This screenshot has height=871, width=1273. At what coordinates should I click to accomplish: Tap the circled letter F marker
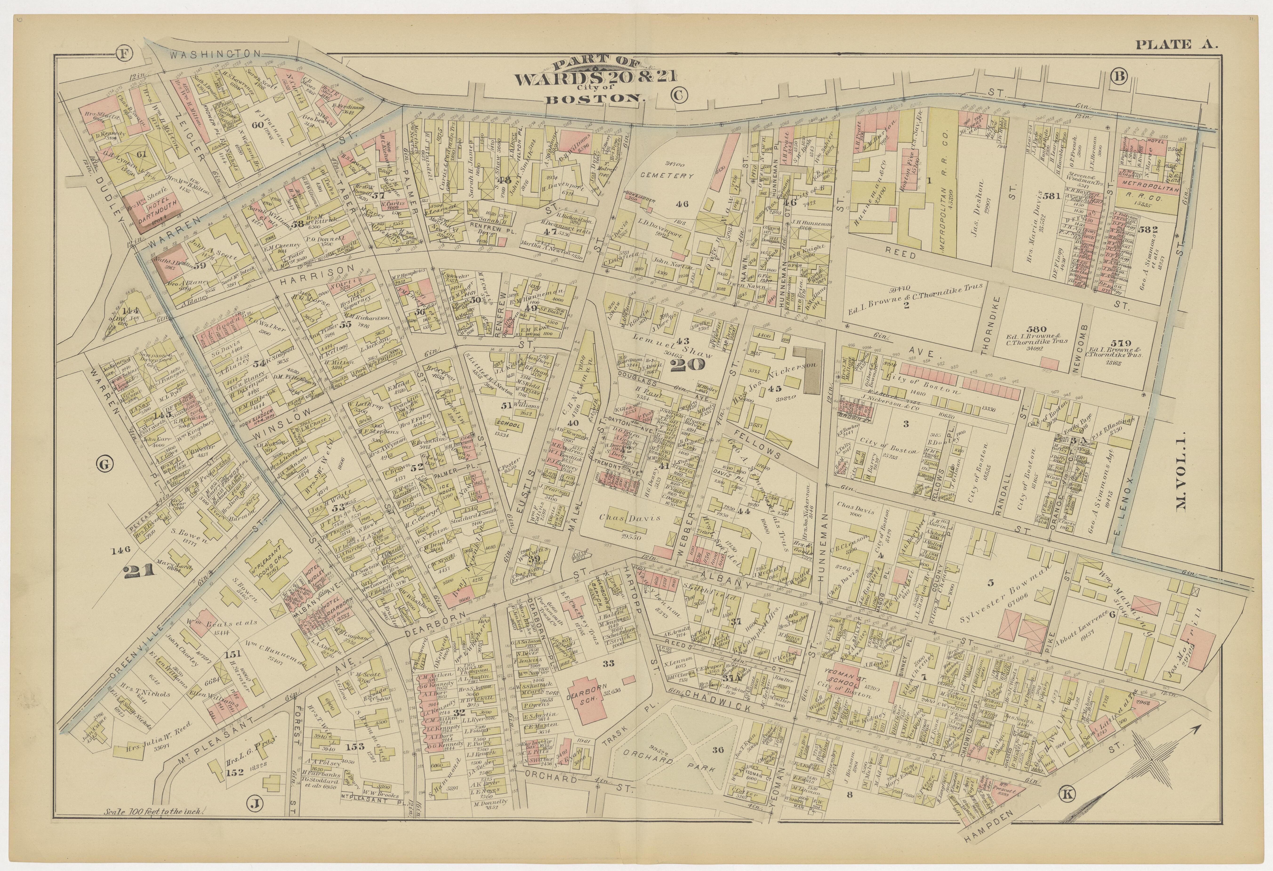(125, 54)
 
